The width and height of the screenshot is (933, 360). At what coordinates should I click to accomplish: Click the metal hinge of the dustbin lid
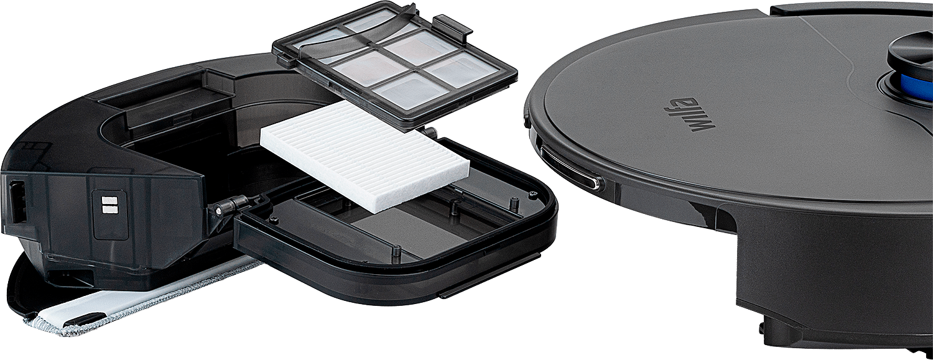pyautogui.click(x=233, y=205)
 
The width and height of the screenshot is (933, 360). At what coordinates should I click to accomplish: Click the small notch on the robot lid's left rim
pyautogui.click(x=526, y=120)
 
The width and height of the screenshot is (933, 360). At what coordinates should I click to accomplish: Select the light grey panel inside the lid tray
pyautogui.click(x=400, y=230)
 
